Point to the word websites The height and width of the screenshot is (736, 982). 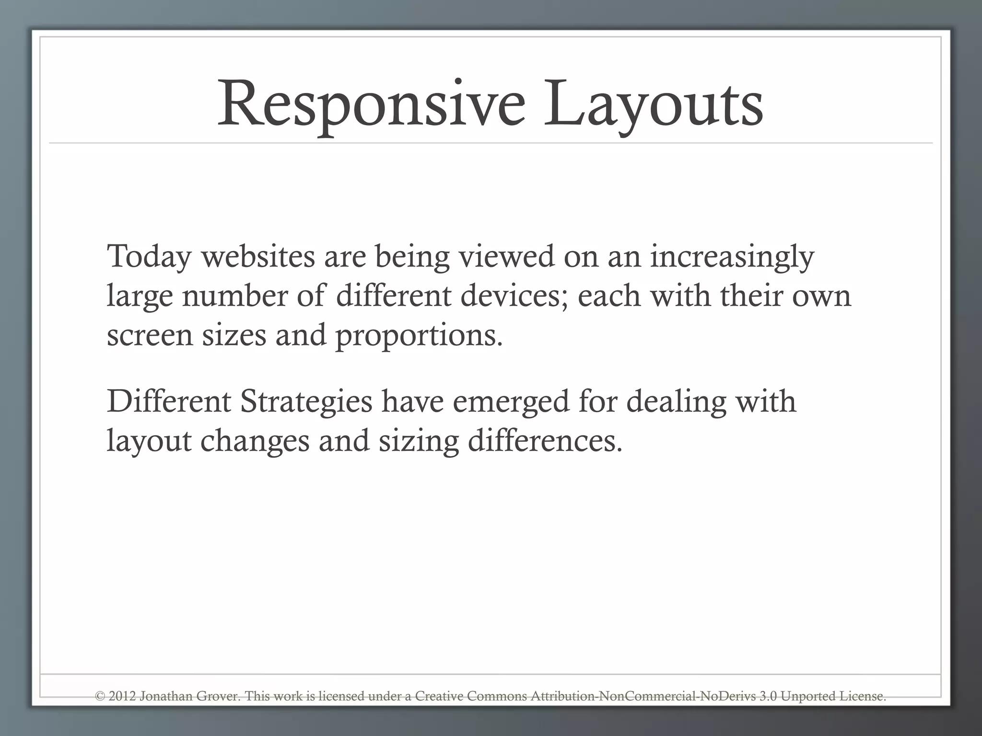[x=258, y=256]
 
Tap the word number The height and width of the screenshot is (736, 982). [x=235, y=295]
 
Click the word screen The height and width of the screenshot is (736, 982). [x=149, y=335]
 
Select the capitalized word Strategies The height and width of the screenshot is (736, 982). [x=306, y=402]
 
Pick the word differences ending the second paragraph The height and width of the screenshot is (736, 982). [x=545, y=440]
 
